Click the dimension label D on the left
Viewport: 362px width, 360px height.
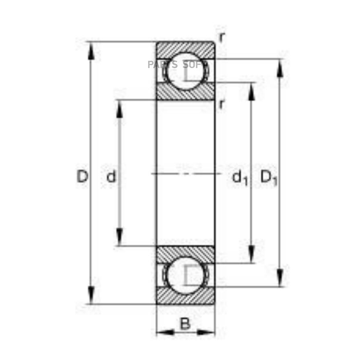click(82, 176)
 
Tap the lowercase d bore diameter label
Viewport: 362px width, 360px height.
click(111, 176)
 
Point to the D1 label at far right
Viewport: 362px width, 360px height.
click(269, 178)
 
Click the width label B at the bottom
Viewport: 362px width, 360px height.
click(185, 323)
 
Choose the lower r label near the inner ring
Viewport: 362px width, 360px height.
click(221, 104)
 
